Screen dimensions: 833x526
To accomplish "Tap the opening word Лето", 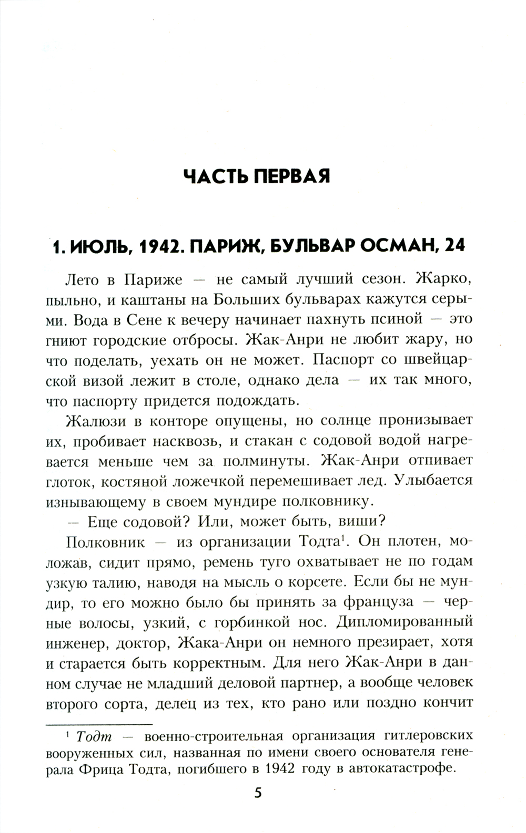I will click(82, 279).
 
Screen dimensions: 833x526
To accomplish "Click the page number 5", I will click(258, 793).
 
